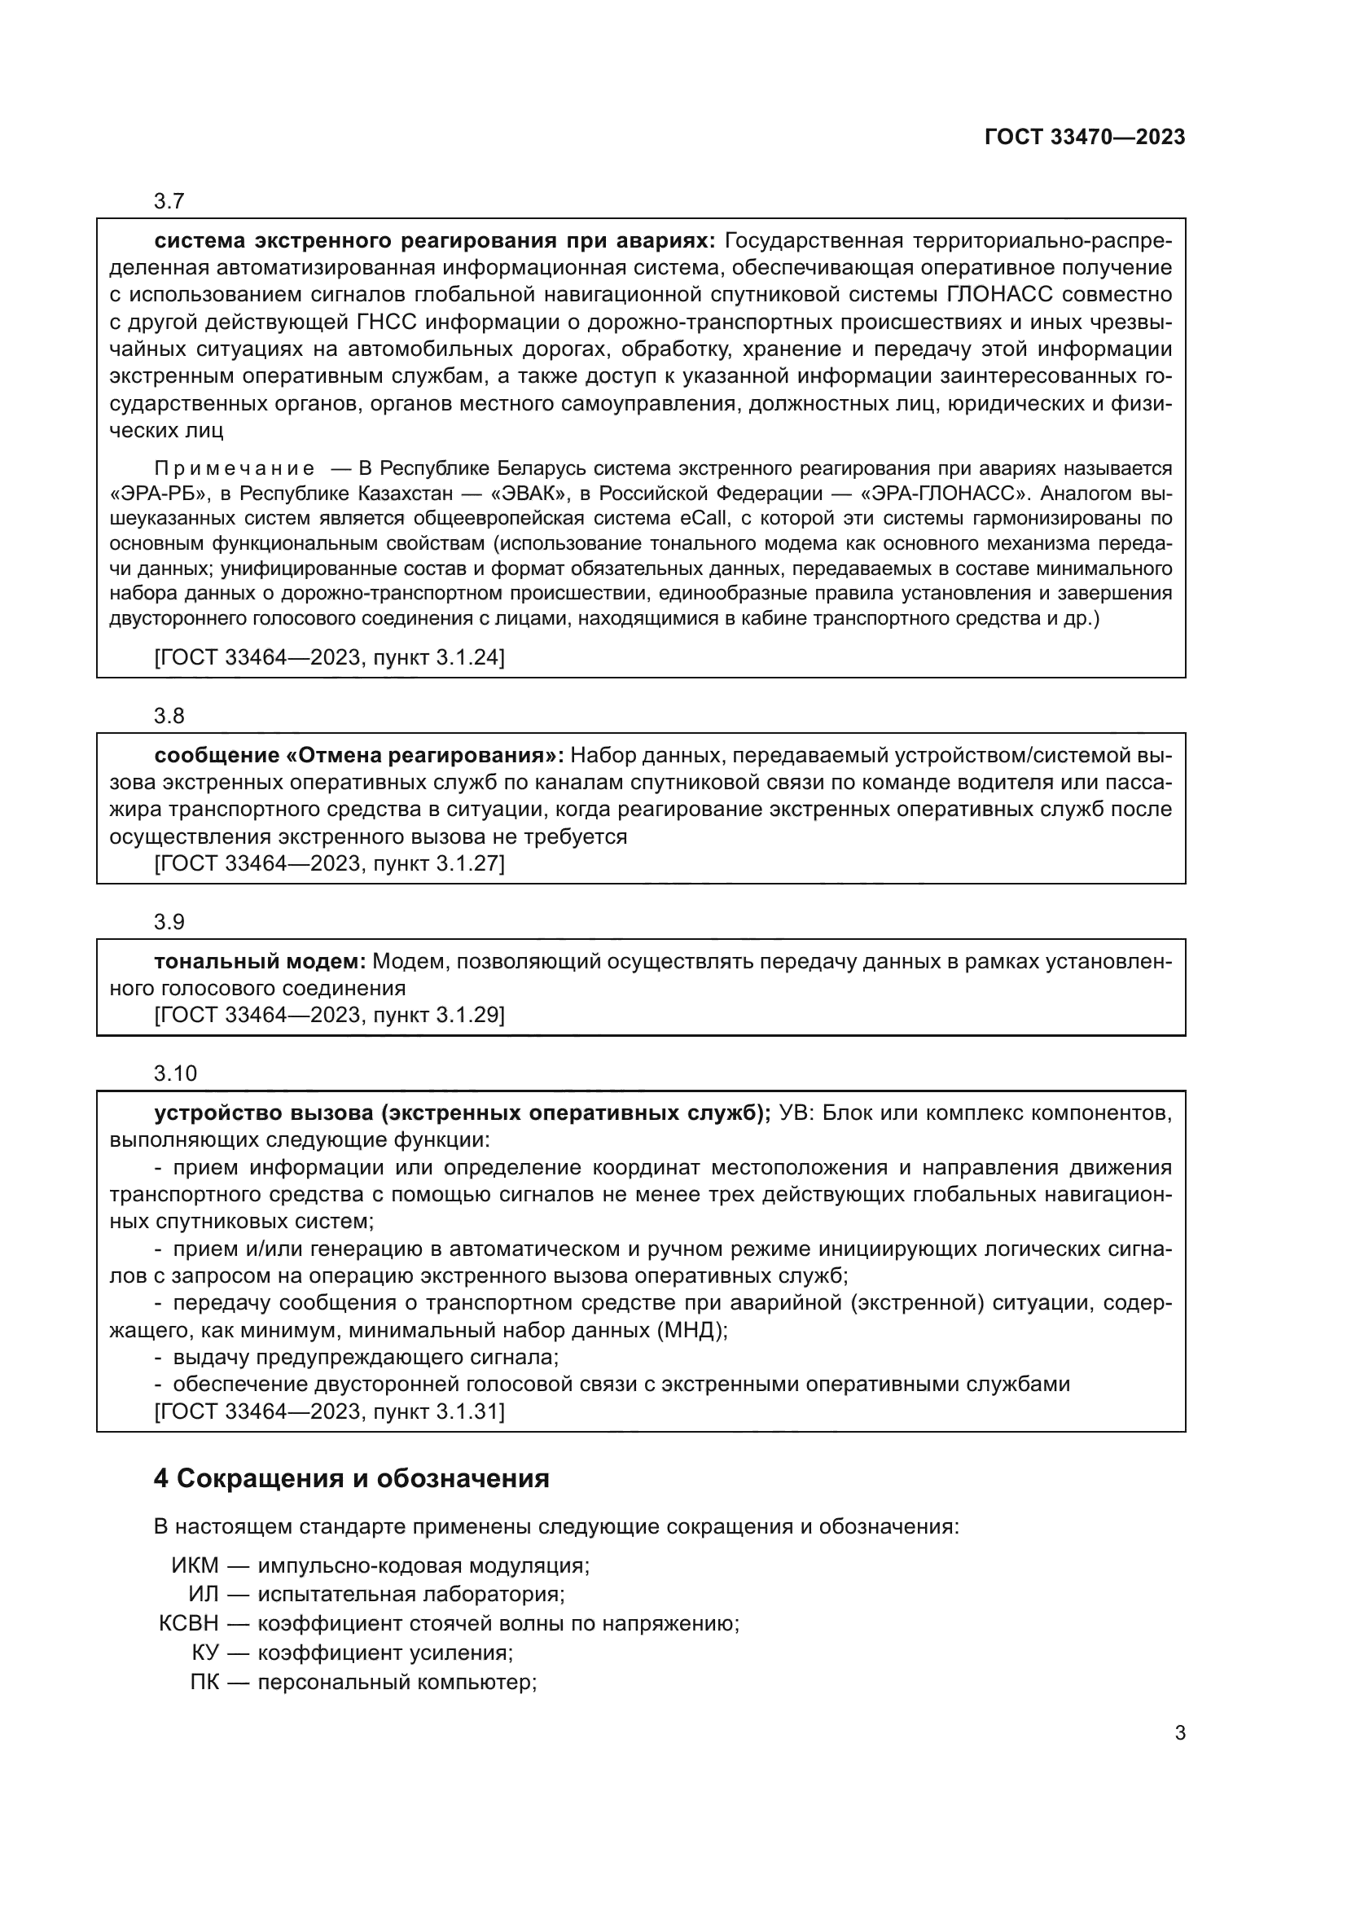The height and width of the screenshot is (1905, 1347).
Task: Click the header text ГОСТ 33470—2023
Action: (x=1084, y=138)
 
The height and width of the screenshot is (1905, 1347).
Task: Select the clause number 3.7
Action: (x=169, y=202)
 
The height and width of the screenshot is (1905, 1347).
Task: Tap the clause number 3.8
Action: (x=169, y=716)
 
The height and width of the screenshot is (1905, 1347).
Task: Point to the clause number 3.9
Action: (x=169, y=923)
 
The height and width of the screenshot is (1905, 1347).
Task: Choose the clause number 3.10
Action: (x=175, y=1074)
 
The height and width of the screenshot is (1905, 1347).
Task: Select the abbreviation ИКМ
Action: (x=195, y=1566)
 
